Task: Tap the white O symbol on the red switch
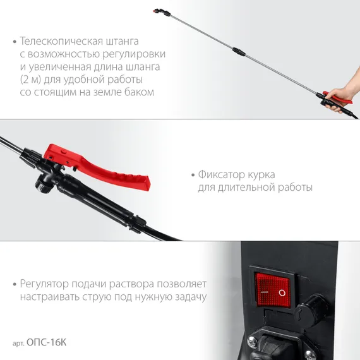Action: point(282,292)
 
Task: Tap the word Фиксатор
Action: point(220,174)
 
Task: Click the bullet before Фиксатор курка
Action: point(192,174)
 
